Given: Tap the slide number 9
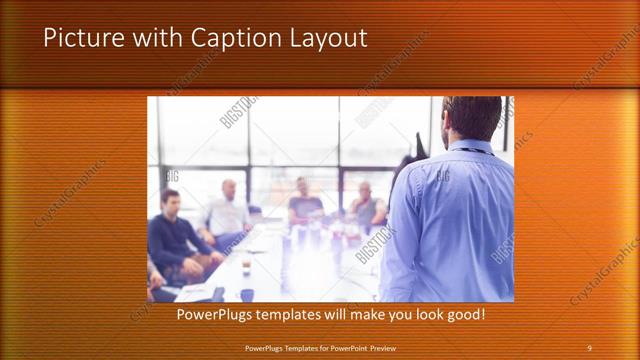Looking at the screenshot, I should click(589, 347).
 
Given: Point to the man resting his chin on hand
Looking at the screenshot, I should click(366, 205).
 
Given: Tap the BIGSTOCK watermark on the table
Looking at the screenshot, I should click(375, 245).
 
